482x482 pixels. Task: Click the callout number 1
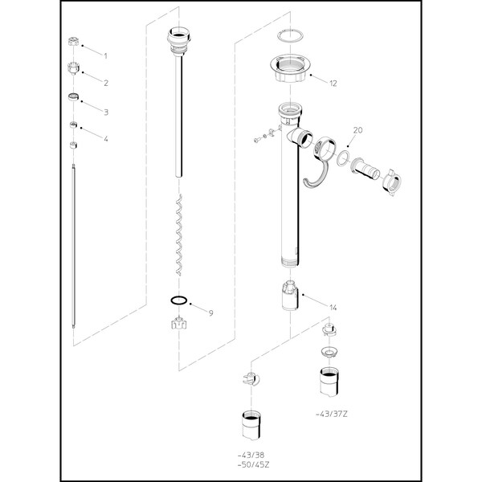(x=105, y=56)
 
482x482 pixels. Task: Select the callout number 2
(x=106, y=83)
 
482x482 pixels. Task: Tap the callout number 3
(x=106, y=112)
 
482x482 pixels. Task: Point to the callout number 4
(x=106, y=139)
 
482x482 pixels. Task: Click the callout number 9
(x=210, y=313)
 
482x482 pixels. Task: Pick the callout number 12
(x=333, y=84)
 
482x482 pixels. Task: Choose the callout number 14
(x=333, y=308)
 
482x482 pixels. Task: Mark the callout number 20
(x=357, y=130)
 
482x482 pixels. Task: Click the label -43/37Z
(x=332, y=414)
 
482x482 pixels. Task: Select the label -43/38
(x=251, y=455)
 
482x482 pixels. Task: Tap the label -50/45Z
(x=253, y=465)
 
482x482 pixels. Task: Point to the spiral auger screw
(x=178, y=235)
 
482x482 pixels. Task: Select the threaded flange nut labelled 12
(x=290, y=68)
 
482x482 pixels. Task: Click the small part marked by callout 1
(x=73, y=42)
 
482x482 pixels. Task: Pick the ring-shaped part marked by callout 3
(x=74, y=97)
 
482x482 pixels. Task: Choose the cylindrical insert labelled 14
(x=290, y=296)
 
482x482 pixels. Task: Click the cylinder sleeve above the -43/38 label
(x=251, y=426)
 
